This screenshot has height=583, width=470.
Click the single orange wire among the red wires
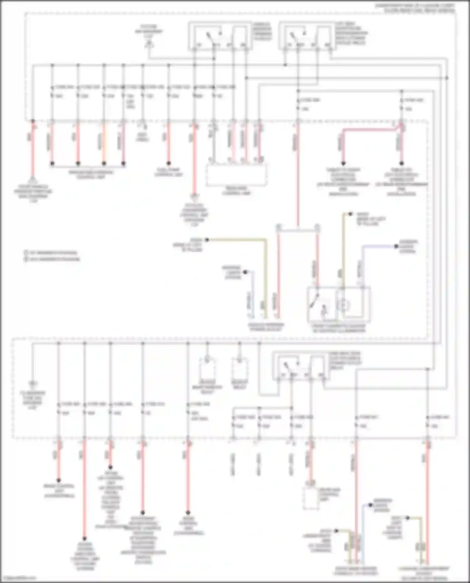point(104,143)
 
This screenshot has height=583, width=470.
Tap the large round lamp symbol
point(345,305)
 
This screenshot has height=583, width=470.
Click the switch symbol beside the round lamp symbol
point(316,302)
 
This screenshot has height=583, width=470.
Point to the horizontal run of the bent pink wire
point(370,129)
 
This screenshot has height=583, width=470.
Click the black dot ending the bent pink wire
point(343,164)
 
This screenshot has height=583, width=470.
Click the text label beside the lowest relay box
point(345,360)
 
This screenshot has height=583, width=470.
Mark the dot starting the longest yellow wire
point(207,240)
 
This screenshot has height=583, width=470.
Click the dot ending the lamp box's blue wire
point(396,246)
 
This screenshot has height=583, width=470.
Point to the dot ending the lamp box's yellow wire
point(350,214)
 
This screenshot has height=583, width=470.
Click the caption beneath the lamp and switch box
point(338,328)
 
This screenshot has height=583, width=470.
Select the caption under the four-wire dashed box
point(237,191)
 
